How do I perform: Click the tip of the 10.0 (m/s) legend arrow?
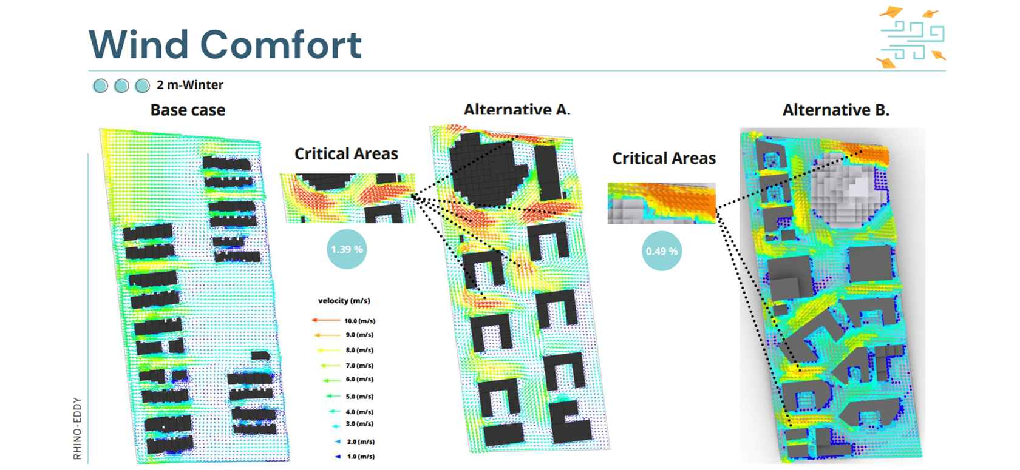point(312,320)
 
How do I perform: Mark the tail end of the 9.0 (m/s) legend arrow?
point(341,335)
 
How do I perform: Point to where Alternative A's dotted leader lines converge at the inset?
point(413,196)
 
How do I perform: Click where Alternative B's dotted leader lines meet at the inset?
point(716,210)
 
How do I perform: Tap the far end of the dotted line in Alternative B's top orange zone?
point(860,152)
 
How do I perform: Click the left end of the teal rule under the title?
point(89,70)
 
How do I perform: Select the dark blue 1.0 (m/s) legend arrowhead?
point(338,456)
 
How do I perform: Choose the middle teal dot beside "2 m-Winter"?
point(121,86)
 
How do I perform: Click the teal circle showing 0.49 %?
point(662,250)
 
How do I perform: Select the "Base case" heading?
point(188,110)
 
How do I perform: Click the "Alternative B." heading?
point(836,110)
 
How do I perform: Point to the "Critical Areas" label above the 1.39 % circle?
point(346,154)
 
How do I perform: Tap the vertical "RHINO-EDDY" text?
point(78,429)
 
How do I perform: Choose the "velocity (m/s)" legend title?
point(344,301)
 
